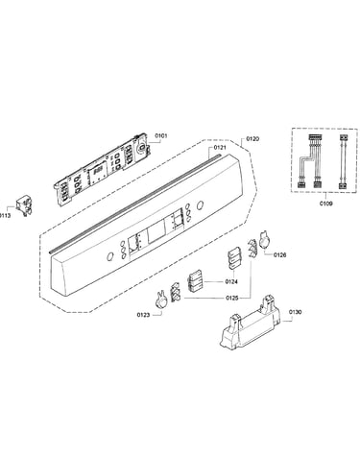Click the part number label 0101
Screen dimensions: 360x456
161,136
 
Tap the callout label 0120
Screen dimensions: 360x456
252,139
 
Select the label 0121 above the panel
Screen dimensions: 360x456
220,148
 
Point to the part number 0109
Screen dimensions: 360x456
325,204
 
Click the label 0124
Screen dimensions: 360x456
231,281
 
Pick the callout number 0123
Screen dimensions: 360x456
143,315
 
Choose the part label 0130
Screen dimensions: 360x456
295,312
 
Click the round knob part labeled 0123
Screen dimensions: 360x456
160,300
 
